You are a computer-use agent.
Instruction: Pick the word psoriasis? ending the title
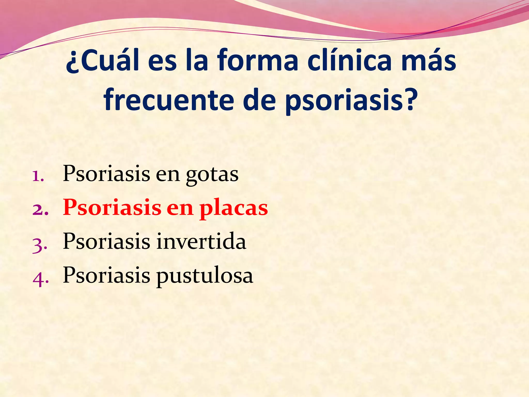coord(351,101)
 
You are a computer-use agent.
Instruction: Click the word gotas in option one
coord(212,175)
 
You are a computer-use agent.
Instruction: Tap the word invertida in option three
coord(201,241)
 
